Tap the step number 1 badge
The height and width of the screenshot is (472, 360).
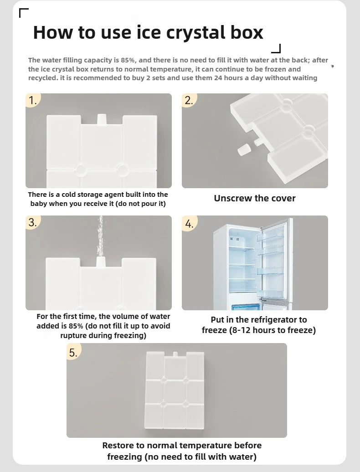click(32, 100)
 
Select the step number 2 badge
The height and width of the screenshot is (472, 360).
click(189, 100)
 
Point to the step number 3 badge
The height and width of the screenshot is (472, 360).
click(32, 222)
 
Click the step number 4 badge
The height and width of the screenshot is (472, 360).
click(189, 223)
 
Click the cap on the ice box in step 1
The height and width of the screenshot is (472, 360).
click(102, 119)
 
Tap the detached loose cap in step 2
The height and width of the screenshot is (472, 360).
click(242, 149)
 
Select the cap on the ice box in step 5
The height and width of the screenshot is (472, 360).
click(175, 355)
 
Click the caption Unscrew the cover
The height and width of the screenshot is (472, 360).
click(255, 198)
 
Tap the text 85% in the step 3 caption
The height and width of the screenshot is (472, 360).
click(76, 326)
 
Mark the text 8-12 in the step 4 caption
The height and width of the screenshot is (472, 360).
click(240, 330)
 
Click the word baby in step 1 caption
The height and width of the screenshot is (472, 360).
click(39, 204)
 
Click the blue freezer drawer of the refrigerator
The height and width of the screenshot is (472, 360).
click(245, 307)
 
